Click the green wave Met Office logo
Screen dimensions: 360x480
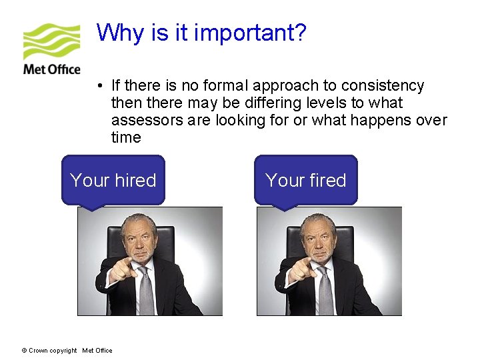[x=51, y=41]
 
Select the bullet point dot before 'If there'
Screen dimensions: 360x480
[x=98, y=86]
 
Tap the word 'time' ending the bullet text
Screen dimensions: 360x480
[x=126, y=138]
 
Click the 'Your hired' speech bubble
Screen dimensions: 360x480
[x=113, y=180]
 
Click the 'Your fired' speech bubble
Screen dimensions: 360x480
[x=305, y=180]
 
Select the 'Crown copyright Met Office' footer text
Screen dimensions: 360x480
[x=67, y=351]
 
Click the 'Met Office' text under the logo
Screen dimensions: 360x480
[x=51, y=69]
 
